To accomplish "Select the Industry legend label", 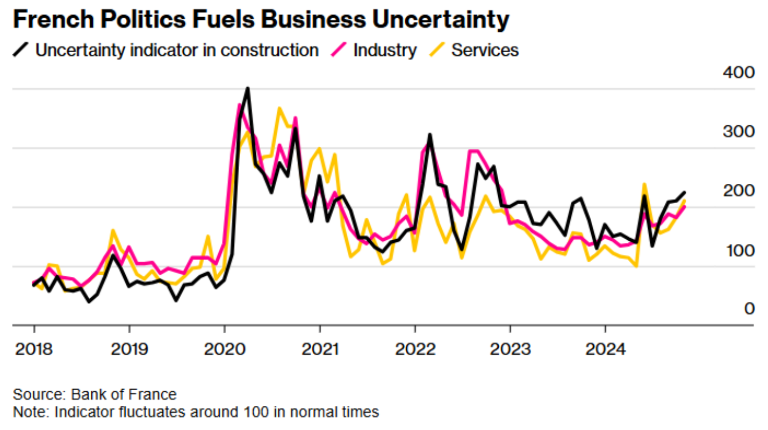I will pyautogui.click(x=385, y=51).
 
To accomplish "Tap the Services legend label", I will pyautogui.click(x=485, y=51).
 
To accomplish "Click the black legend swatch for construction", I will pyautogui.click(x=21, y=51).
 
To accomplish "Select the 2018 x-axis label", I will pyautogui.click(x=34, y=350).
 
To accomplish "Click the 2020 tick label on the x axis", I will pyautogui.click(x=225, y=350).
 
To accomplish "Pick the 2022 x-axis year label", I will pyautogui.click(x=415, y=350).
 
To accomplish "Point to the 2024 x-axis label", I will pyautogui.click(x=605, y=350).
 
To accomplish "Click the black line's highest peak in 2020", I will pyautogui.click(x=248, y=88).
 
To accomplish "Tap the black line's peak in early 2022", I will pyautogui.click(x=430, y=135).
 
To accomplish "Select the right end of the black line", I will pyautogui.click(x=684, y=192).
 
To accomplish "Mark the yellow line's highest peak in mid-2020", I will pyautogui.click(x=279, y=109).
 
